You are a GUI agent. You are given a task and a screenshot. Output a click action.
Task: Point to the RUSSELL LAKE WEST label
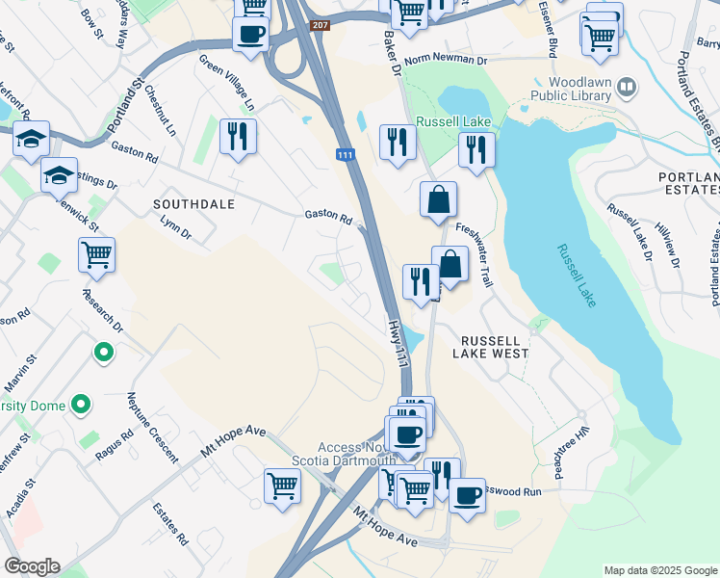tap(495, 348)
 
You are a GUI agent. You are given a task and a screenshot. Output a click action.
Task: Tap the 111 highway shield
tap(345, 155)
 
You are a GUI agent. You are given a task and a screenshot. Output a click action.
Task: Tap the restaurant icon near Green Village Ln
tap(238, 136)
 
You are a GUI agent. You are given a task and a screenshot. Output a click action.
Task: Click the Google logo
tap(32, 566)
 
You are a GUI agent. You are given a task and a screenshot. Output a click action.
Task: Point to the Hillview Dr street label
tap(666, 249)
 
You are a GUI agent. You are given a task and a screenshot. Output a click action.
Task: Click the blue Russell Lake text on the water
tap(576, 276)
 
